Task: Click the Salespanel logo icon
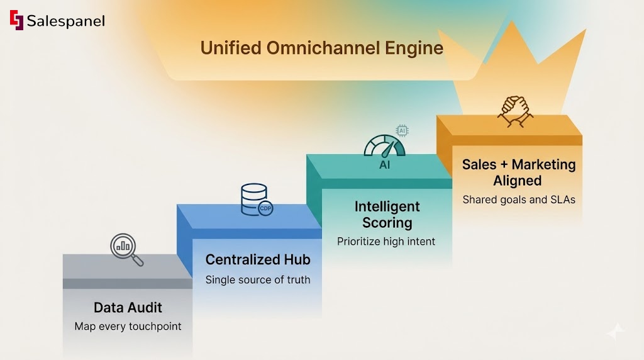pyautogui.click(x=16, y=20)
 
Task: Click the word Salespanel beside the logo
pyautogui.click(x=65, y=21)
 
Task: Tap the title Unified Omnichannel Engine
pyautogui.click(x=321, y=48)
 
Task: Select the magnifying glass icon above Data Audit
pyautogui.click(x=126, y=249)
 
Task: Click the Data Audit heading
pyautogui.click(x=128, y=308)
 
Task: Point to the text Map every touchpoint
pyautogui.click(x=128, y=327)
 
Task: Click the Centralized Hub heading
pyautogui.click(x=258, y=260)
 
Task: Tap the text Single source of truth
pyautogui.click(x=258, y=279)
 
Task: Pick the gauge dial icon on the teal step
pyautogui.click(x=384, y=147)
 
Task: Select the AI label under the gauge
pyautogui.click(x=384, y=165)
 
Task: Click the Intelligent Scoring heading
pyautogui.click(x=387, y=214)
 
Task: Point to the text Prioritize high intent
pyautogui.click(x=386, y=241)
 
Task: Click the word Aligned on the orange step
pyautogui.click(x=518, y=181)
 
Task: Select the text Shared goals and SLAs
pyautogui.click(x=518, y=200)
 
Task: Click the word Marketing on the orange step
pyautogui.click(x=543, y=164)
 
